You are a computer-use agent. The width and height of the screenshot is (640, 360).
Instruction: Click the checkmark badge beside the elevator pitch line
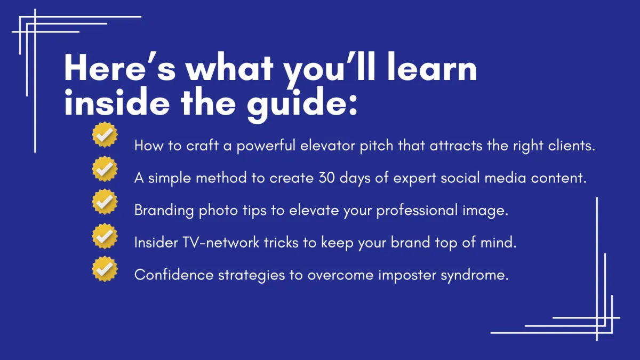(x=105, y=134)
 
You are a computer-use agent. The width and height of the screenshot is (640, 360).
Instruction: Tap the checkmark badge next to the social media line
(x=105, y=169)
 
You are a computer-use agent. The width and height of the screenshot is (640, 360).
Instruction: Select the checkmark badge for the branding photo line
(x=105, y=202)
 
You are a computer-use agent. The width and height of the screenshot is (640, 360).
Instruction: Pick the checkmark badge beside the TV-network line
(x=105, y=236)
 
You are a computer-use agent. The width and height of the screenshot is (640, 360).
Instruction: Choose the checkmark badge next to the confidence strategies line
(x=105, y=269)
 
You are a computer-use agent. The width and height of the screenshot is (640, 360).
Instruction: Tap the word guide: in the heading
(x=302, y=103)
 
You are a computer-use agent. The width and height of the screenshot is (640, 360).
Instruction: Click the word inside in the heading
(x=117, y=101)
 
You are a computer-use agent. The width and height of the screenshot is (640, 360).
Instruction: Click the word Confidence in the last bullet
(x=174, y=275)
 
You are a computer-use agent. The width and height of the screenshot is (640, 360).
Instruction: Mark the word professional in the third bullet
(x=417, y=211)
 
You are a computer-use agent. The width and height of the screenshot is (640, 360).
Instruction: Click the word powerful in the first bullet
(x=266, y=146)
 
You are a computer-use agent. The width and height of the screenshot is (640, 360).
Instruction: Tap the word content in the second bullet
(x=557, y=178)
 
